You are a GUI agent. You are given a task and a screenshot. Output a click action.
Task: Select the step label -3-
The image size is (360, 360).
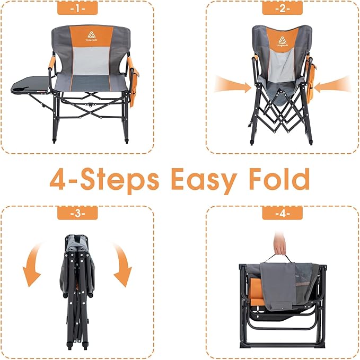coord(77,214)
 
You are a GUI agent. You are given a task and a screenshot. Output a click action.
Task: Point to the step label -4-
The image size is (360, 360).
coord(282,214)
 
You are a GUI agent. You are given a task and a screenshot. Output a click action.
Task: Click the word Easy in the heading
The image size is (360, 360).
coord(207,180)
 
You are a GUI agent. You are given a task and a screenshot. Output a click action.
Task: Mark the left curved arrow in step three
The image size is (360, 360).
coord(33,266)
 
